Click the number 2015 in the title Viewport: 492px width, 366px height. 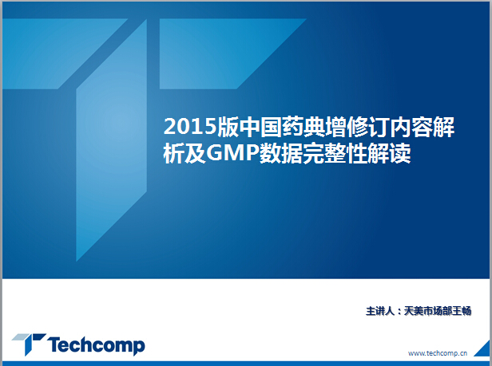[x=190, y=127]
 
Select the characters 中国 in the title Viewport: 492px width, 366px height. [x=260, y=127]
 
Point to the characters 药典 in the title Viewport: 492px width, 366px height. [x=303, y=127]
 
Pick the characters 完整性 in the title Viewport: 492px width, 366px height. [x=335, y=154]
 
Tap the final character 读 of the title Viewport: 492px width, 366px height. [x=400, y=154]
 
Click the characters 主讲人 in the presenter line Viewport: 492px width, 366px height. [x=379, y=311]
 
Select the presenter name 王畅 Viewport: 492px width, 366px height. [x=462, y=311]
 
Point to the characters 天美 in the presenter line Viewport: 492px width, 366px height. [x=414, y=311]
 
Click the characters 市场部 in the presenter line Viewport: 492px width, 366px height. [x=438, y=311]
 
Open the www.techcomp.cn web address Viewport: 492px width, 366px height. [x=438, y=353]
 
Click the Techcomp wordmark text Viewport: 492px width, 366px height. [x=96, y=345]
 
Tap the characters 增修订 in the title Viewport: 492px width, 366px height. [x=356, y=127]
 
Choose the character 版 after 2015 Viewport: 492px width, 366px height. [x=228, y=127]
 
